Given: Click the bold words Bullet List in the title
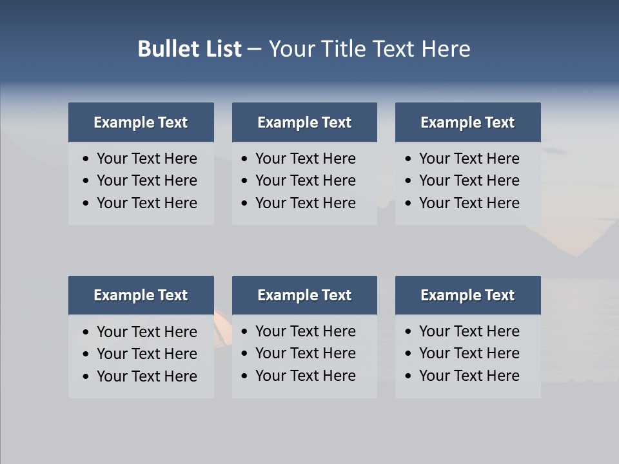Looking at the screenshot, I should [190, 49].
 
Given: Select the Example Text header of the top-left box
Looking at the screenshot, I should [141, 122].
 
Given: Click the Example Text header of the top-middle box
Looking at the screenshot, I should [304, 122].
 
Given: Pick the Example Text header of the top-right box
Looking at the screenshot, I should [467, 122].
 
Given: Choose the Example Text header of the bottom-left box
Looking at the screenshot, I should [141, 295].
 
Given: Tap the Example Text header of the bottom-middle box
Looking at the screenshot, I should [304, 295].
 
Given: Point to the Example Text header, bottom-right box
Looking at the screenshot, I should [467, 295].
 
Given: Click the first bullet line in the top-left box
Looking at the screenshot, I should [147, 159].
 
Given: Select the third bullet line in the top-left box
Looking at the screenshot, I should [147, 203].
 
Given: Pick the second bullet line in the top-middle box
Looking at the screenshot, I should [306, 180].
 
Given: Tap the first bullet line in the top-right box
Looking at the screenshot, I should [469, 159].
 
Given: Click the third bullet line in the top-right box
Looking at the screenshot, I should [469, 203].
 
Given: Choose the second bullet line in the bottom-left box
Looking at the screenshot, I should [147, 354].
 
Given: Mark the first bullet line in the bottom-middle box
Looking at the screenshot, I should [306, 331].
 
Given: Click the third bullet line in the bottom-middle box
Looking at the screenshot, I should [306, 376].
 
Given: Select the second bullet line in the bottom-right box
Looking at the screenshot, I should [469, 353].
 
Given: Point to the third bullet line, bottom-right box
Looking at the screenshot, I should [469, 376].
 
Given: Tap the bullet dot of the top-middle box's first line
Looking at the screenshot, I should [244, 159].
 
